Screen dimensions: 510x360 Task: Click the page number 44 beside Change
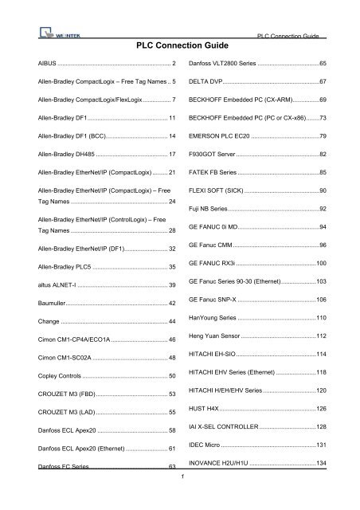[172, 321]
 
